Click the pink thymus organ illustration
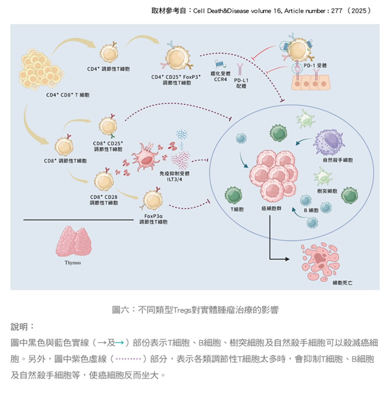click(73, 242)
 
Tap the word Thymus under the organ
click(72, 263)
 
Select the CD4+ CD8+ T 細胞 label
click(68, 95)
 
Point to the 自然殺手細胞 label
click(338, 160)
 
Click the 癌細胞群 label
click(271, 208)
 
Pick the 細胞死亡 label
click(342, 283)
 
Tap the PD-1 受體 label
click(315, 65)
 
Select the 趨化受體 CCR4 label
click(220, 76)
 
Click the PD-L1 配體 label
click(241, 83)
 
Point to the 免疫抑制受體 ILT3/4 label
click(175, 176)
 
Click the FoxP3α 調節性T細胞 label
click(153, 219)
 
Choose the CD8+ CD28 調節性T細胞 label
click(104, 200)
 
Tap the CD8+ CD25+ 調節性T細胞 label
click(108, 146)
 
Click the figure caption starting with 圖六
click(195, 310)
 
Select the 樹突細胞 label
click(327, 191)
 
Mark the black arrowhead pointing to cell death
click(287, 259)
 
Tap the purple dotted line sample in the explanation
click(128, 359)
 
